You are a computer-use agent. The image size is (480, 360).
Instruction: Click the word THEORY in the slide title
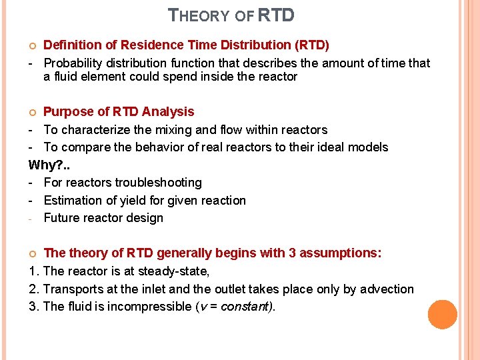click(x=197, y=15)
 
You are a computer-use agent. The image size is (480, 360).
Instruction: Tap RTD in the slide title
click(x=275, y=15)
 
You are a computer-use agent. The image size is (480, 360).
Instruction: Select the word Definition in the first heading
click(x=71, y=45)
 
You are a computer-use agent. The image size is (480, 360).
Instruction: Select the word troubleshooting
click(x=158, y=183)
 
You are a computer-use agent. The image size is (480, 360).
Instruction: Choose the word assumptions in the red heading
click(x=340, y=253)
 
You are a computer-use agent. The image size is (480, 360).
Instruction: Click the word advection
click(x=387, y=289)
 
